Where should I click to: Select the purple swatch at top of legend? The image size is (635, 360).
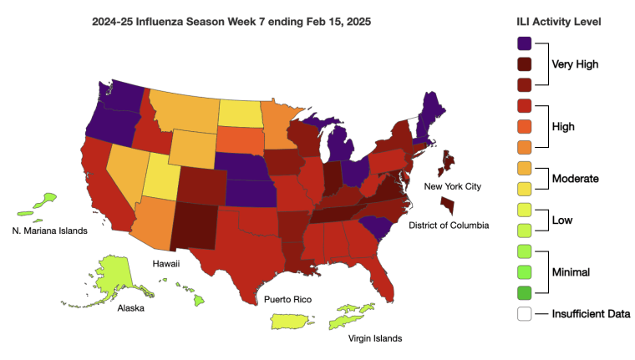pos(525,43)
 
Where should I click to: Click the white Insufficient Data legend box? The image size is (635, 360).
pos(525,314)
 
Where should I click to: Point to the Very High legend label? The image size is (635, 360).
pos(577,63)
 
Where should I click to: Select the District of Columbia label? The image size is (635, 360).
pos(449,225)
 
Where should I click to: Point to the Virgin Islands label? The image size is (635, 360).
pos(375,338)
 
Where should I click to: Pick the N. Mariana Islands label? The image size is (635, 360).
pos(49,231)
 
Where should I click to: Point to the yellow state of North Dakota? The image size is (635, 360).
pos(241,112)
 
